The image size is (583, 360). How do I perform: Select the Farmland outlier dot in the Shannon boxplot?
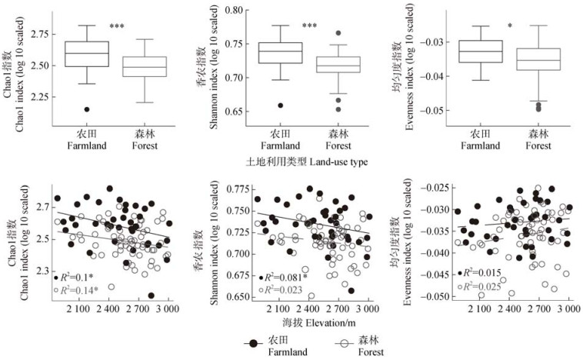pyautogui.click(x=280, y=105)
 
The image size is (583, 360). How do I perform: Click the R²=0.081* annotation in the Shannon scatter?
pyautogui.click(x=285, y=277)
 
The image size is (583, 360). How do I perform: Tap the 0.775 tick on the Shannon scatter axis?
pyautogui.click(x=237, y=188)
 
